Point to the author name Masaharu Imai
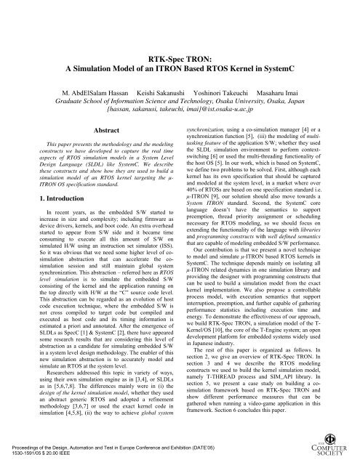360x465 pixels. tap(297, 94)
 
